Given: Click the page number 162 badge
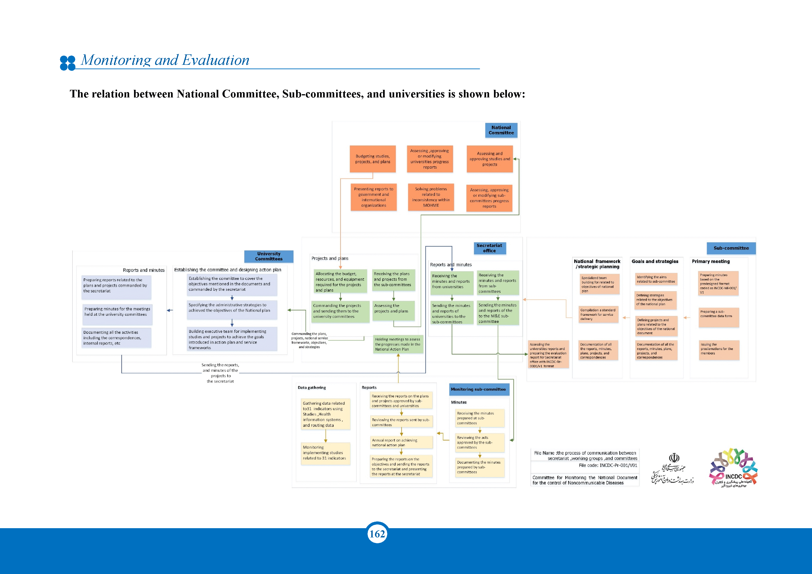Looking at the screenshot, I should tap(377, 534).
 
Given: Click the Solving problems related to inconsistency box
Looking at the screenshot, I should tap(431, 197).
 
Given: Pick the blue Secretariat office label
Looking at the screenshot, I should tap(490, 248).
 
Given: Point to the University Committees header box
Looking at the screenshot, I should tap(269, 256).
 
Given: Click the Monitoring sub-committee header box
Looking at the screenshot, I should tap(478, 389).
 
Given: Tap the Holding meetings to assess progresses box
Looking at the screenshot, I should tap(398, 344).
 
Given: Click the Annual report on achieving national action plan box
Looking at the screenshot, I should tap(401, 443).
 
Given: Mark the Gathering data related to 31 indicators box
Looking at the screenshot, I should tap(325, 414).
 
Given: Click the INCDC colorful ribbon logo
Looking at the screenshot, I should tap(733, 468).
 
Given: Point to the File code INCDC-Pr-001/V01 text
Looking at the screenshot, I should tap(608, 465).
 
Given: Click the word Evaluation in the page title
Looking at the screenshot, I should tap(215, 60).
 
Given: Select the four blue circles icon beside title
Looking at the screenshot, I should tap(68, 63).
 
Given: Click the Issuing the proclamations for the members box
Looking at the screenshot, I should tap(719, 350).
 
